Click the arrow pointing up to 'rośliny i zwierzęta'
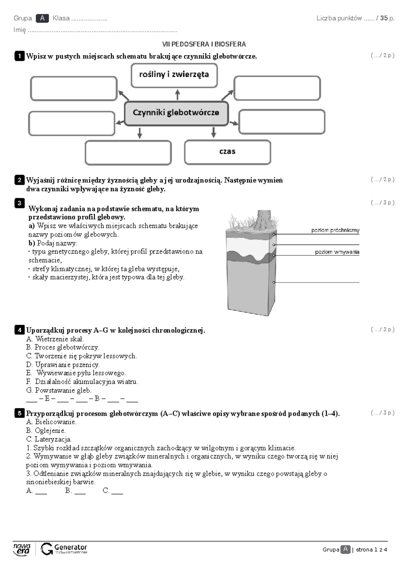[x=178, y=95]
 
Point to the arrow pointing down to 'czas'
[x=214, y=132]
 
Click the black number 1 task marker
[x=19, y=56]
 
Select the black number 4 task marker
[x=19, y=330]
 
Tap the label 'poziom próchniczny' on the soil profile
[x=335, y=230]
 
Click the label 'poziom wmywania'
[x=337, y=252]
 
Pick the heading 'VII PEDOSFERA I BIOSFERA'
[x=204, y=44]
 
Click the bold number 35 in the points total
[x=384, y=18]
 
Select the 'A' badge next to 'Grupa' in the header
[x=42, y=18]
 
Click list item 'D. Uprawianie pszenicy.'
[x=63, y=365]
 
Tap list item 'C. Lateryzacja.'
[x=49, y=439]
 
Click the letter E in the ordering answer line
[x=47, y=398]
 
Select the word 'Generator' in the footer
[x=71, y=547]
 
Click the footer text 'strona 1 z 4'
[x=371, y=550]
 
